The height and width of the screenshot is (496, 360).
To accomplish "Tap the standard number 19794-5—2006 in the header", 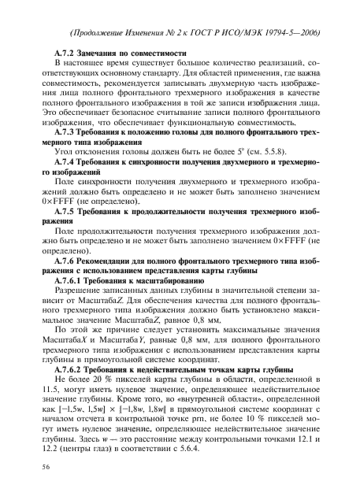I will point(295,31).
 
